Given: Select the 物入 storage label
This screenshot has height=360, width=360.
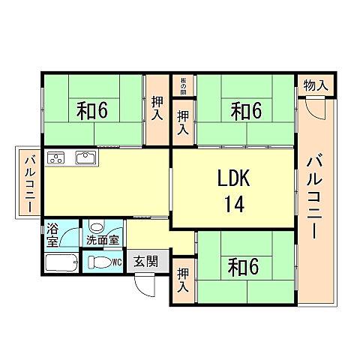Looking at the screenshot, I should click(315, 85).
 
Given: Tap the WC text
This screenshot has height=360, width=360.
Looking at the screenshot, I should click(117, 262).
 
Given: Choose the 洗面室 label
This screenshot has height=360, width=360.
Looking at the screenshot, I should click(102, 241).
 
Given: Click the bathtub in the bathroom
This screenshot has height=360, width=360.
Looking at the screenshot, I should click(61, 263).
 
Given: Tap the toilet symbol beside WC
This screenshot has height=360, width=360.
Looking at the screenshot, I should click(98, 262).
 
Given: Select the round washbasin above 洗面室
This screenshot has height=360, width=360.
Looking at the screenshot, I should click(97, 227).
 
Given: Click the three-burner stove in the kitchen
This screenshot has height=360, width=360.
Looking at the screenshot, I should click(57, 157).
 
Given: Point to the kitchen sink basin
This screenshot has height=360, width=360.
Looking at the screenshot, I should click(85, 158).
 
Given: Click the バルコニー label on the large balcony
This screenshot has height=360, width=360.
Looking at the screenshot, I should click(316, 193).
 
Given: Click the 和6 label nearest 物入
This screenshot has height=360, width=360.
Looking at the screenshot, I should click(246, 111).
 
